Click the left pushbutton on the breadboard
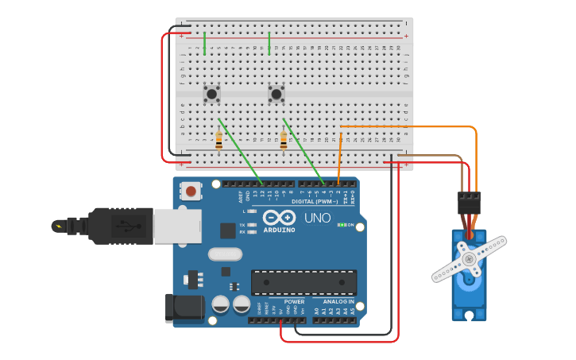pyautogui.click(x=211, y=94)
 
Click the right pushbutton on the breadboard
pyautogui.click(x=276, y=94)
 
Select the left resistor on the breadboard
pyautogui.click(x=218, y=141)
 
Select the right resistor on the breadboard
pyautogui.click(x=284, y=141)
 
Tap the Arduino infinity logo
pyautogui.click(x=279, y=217)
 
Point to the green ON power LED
pyautogui.click(x=340, y=225)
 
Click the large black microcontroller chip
pyautogui.click(x=303, y=282)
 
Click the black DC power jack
pyautogui.click(x=180, y=308)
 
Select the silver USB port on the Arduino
pyautogui.click(x=177, y=226)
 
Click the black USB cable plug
pyautogui.click(x=119, y=226)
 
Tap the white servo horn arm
pyautogui.click(x=469, y=259)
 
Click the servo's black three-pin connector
pyautogui.click(x=469, y=203)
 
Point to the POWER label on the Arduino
pyautogui.click(x=294, y=302)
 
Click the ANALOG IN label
pyautogui.click(x=338, y=302)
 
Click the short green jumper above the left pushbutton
pyautogui.click(x=205, y=43)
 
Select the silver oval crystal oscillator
pyautogui.click(x=225, y=254)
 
